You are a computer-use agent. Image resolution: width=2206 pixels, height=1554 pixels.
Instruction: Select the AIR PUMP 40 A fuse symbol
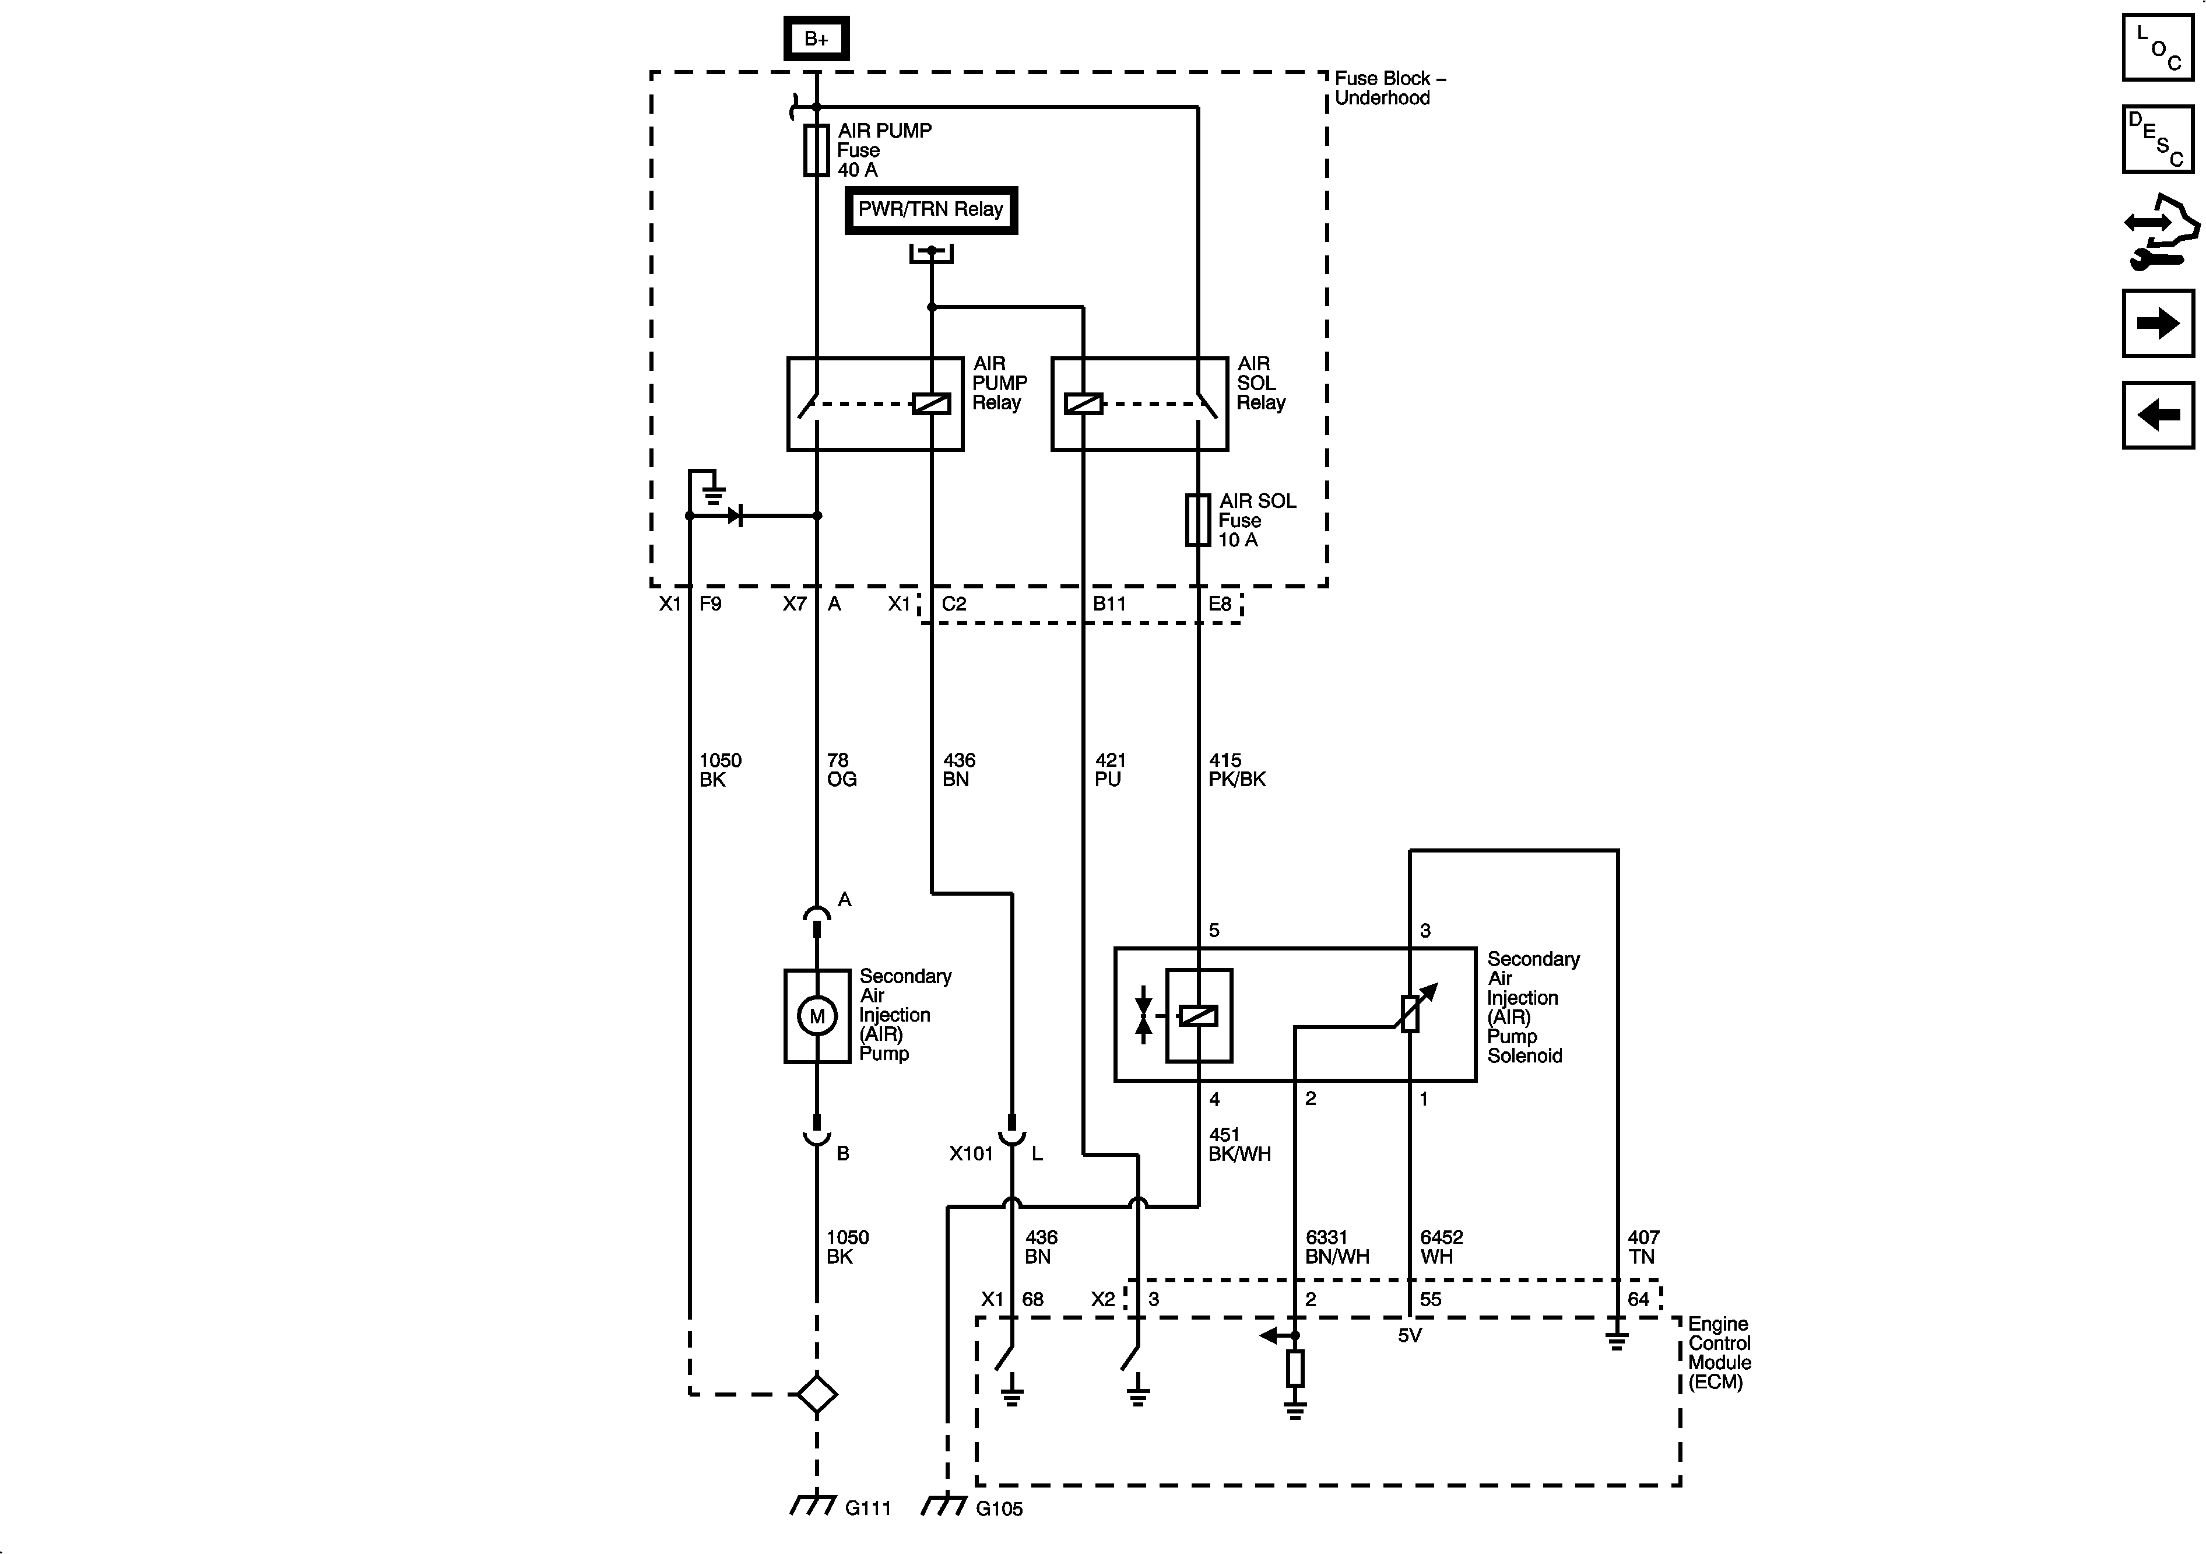816,150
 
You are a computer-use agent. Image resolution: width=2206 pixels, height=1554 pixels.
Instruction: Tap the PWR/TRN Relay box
930,209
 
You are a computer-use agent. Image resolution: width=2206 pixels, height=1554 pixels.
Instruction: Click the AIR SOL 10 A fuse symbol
1197,520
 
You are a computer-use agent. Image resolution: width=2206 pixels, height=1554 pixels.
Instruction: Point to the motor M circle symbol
817,1016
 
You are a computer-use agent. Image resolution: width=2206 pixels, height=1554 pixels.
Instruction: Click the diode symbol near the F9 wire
735,516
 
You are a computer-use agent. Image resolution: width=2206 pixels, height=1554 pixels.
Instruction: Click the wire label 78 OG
841,770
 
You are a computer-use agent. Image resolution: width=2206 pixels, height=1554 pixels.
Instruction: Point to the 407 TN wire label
1643,1247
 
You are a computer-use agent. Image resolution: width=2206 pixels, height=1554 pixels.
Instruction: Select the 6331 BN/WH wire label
1336,1247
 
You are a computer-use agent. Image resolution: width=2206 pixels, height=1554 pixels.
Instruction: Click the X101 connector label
971,1154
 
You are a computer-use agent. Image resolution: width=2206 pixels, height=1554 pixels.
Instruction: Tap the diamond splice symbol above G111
817,1394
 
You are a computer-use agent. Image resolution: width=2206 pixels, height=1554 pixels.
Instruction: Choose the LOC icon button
2158,47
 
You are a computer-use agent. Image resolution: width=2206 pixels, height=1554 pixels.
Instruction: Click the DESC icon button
2158,139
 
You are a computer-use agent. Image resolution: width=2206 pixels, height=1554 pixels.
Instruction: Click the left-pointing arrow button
2158,415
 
